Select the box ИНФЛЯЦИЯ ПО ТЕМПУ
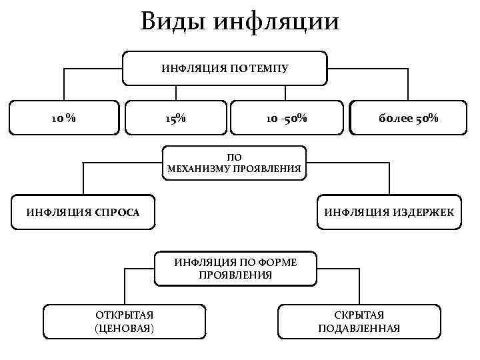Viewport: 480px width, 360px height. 225,68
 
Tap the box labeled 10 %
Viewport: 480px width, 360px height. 64,119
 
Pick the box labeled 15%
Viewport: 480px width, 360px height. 175,119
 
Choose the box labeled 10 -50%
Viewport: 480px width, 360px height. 286,119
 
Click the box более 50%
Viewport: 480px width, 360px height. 408,119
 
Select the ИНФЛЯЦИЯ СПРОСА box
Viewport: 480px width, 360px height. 83,213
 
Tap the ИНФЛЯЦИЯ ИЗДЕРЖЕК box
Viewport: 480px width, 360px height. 389,213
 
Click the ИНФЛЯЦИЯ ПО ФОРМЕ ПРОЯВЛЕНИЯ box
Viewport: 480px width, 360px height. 235,269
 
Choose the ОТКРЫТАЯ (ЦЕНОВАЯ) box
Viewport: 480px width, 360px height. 125,321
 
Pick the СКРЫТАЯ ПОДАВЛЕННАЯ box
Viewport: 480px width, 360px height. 359,321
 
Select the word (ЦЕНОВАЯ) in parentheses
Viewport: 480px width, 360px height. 125,328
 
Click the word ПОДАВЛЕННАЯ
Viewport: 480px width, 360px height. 359,328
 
